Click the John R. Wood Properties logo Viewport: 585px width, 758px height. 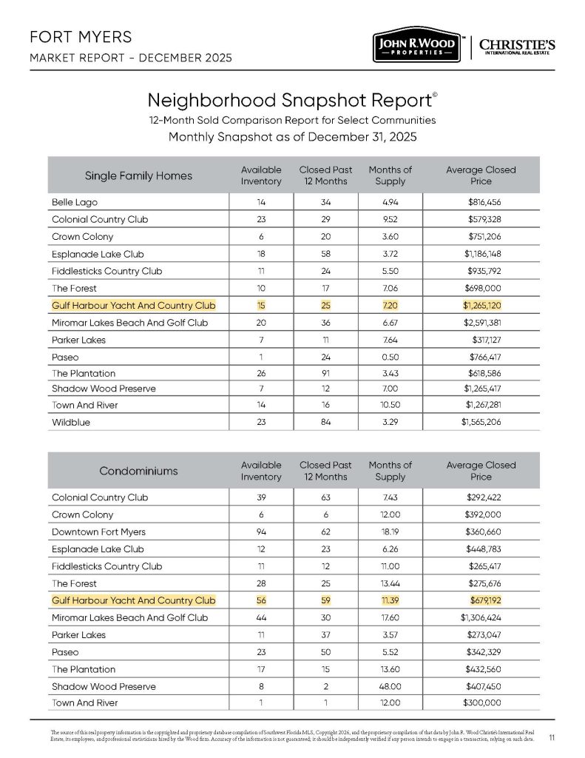tap(416, 47)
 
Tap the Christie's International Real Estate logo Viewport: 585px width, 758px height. tap(518, 47)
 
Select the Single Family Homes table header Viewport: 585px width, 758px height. tap(139, 175)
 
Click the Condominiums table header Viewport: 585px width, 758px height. tap(139, 471)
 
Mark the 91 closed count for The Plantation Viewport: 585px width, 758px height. tap(325, 374)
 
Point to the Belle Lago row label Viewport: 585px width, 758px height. tap(75, 201)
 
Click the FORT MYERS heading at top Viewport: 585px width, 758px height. tap(71, 37)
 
